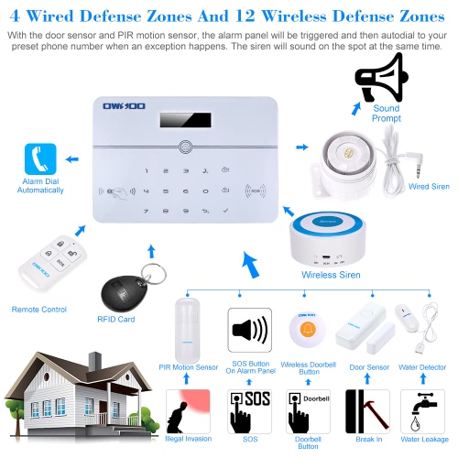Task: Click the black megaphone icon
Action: [x=382, y=78]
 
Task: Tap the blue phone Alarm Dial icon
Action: [x=40, y=159]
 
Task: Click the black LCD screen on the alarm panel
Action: [x=185, y=120]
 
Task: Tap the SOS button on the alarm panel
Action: [x=256, y=191]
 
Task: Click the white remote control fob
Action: [x=52, y=264]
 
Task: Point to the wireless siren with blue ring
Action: [x=328, y=239]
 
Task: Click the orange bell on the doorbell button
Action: [x=308, y=329]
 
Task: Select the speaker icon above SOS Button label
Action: [x=250, y=330]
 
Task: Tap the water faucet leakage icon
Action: [x=422, y=411]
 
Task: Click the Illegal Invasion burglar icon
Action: [x=188, y=411]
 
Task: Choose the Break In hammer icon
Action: [x=367, y=411]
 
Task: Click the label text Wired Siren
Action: [x=429, y=186]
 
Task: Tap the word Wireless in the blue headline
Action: [x=294, y=16]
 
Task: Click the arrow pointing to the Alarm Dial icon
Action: [x=72, y=159]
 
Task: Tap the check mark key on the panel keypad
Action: [x=225, y=211]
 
